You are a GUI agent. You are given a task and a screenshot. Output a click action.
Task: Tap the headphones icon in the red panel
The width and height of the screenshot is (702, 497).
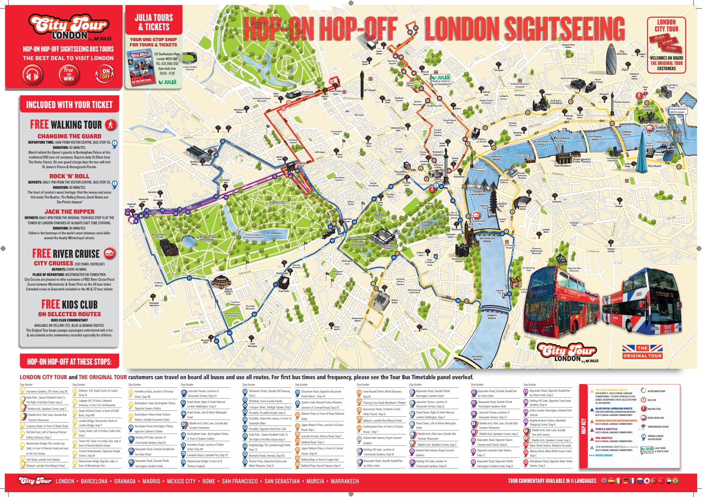point(33,75)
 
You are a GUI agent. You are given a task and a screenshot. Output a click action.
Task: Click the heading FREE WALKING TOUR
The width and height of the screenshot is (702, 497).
point(66,124)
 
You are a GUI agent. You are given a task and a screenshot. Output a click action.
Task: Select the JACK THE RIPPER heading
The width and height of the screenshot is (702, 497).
point(69,211)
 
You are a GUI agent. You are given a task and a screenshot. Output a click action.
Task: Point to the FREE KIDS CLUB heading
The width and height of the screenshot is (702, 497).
point(69,304)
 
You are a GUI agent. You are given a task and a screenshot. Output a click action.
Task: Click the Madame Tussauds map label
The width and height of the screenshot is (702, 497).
point(307,93)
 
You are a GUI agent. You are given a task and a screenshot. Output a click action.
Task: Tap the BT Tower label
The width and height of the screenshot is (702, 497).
point(370,90)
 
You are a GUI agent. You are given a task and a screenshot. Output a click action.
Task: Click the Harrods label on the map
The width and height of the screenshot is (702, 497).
point(284,290)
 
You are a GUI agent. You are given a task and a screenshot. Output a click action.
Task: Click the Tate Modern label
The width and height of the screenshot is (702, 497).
point(562,165)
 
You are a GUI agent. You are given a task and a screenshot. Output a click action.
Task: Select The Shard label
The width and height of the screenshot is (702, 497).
point(654,166)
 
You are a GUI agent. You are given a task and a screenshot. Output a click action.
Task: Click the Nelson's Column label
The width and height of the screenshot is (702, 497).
point(438,153)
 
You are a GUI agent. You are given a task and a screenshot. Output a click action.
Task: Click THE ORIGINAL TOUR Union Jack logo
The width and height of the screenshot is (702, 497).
point(642,351)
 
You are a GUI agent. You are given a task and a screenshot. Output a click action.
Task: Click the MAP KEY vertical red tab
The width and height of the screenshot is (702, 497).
point(583,426)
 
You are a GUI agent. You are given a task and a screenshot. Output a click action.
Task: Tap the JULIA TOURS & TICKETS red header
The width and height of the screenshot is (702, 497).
point(154,22)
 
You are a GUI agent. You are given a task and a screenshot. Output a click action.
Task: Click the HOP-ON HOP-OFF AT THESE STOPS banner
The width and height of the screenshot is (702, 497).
point(69,361)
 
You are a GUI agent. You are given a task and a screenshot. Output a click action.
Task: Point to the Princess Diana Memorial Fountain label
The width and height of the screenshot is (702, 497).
point(253,236)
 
